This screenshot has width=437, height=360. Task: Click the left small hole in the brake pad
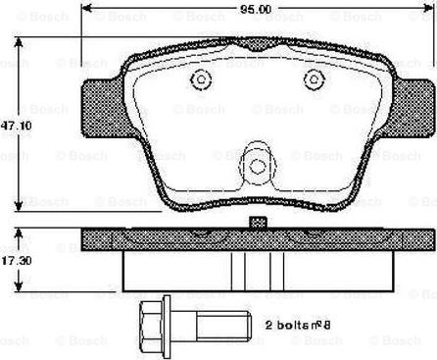pos(200,80)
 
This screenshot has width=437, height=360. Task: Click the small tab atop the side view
pos(258,224)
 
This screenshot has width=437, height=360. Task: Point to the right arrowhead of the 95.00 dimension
pos(430,10)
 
